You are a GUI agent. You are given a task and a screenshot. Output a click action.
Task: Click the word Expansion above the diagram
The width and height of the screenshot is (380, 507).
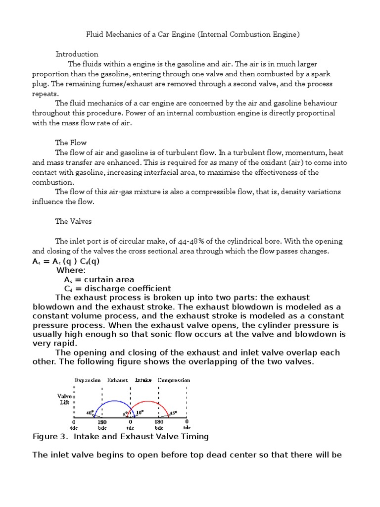(88, 380)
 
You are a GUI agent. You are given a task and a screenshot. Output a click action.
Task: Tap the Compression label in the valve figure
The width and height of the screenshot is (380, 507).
(174, 380)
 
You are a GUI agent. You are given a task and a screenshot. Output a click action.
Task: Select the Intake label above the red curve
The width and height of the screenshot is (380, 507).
(143, 380)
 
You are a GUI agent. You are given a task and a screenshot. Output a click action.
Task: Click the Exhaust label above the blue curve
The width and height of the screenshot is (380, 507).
(117, 380)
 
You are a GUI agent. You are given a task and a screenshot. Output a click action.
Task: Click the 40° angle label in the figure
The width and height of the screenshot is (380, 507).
(90, 412)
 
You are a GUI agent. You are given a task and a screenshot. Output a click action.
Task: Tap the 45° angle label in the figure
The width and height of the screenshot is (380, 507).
(174, 412)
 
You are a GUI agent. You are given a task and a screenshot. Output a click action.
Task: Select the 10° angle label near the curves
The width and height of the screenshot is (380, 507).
(140, 411)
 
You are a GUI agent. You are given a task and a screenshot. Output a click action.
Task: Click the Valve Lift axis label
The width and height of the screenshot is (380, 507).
(65, 399)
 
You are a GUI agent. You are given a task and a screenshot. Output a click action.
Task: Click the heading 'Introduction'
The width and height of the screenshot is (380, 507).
(77, 54)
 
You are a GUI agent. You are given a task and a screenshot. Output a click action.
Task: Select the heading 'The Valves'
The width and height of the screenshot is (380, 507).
(74, 221)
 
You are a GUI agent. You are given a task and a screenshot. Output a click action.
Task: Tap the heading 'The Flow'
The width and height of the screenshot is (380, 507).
(71, 143)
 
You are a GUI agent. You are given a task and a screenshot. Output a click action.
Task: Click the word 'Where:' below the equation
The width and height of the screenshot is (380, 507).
(71, 270)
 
